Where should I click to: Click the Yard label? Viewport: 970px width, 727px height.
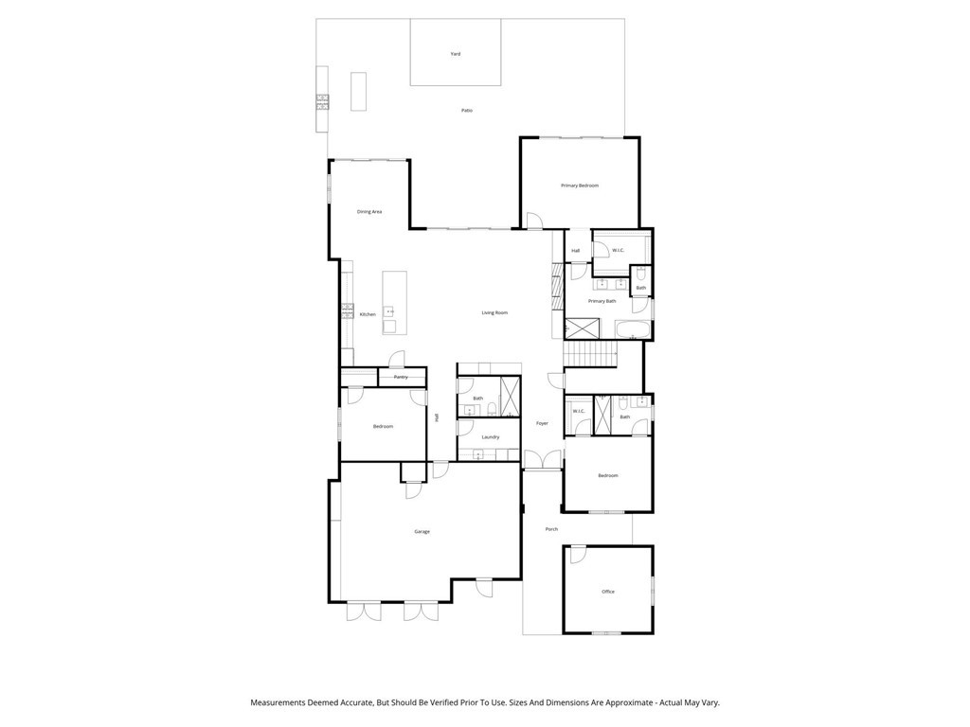tap(456, 54)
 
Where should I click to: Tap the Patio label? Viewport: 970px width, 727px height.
tap(467, 110)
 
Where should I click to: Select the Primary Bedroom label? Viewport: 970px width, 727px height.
tap(580, 186)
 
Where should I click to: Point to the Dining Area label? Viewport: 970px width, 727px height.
tap(369, 211)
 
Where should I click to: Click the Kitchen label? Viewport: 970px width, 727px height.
tap(368, 314)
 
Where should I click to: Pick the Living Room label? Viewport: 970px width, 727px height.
tap(494, 312)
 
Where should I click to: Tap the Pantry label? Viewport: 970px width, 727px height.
tap(401, 377)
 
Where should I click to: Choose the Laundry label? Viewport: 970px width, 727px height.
tap(491, 437)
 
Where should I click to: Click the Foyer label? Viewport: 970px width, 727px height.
tap(542, 423)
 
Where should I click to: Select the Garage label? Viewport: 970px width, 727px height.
tap(422, 532)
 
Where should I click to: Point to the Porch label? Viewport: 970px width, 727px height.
tap(551, 529)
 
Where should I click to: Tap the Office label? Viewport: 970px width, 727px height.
tap(608, 592)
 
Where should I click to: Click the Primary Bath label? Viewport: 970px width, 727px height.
tap(602, 301)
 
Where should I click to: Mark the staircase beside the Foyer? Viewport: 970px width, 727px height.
tap(591, 354)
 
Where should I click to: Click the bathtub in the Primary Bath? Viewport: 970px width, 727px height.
tap(632, 329)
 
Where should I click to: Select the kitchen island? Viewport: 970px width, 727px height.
tap(394, 302)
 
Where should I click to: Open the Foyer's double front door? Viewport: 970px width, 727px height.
tap(543, 460)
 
